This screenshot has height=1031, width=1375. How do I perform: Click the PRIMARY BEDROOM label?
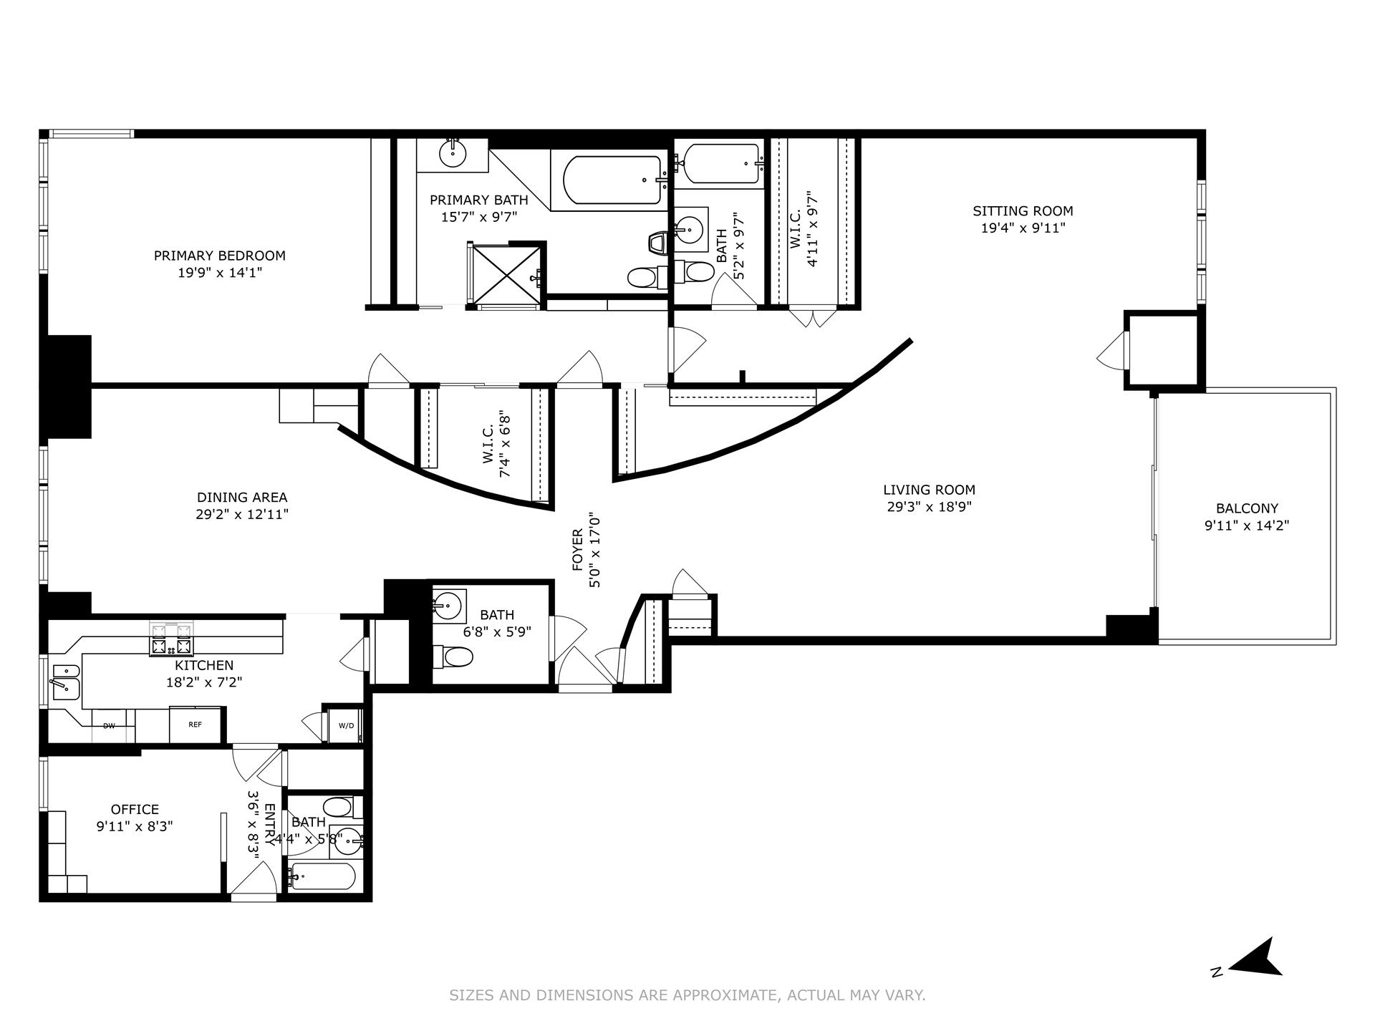(220, 256)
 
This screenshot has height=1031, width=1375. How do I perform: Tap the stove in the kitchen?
(171, 639)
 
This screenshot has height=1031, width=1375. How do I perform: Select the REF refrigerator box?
(195, 725)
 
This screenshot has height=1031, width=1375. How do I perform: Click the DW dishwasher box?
(109, 726)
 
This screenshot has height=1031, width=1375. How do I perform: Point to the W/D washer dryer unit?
(346, 725)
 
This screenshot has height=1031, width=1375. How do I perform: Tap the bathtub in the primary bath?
(612, 180)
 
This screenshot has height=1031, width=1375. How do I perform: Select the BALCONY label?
(1247, 508)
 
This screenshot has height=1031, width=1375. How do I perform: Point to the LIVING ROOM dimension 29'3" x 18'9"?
(929, 507)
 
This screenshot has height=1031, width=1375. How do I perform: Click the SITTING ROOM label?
(1023, 211)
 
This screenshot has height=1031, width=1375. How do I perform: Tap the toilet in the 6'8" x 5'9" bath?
(454, 655)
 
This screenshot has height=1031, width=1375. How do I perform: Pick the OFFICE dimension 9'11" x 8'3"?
(135, 826)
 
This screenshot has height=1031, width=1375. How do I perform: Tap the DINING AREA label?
(242, 497)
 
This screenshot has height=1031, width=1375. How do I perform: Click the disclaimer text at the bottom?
(687, 995)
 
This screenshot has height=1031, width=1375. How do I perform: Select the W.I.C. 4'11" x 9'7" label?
(804, 229)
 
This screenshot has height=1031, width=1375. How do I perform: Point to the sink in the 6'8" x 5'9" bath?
(448, 606)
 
